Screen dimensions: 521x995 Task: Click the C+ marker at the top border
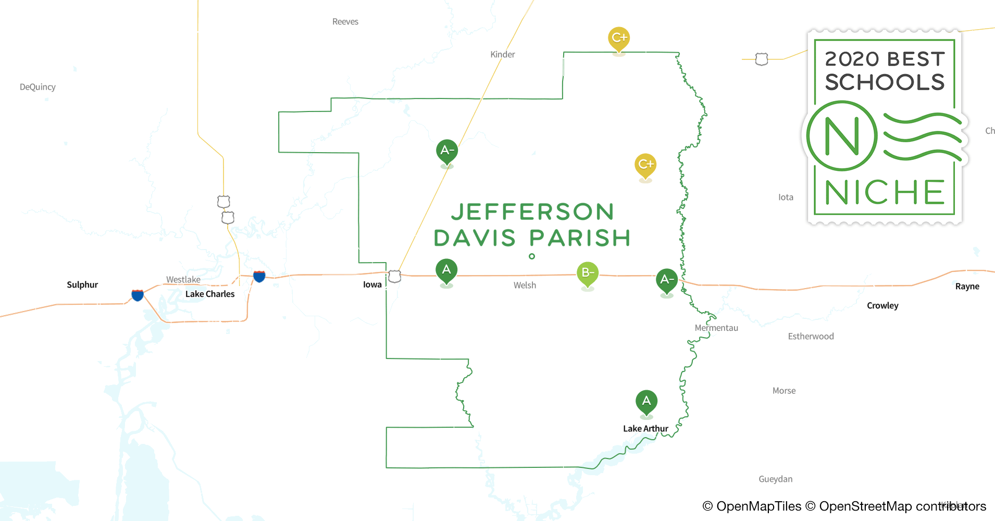[619, 38]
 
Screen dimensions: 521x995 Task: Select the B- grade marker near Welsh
[588, 272]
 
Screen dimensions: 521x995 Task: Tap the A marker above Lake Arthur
[646, 401]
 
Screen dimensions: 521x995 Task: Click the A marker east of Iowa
[446, 270]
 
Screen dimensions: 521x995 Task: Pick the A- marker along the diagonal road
[447, 151]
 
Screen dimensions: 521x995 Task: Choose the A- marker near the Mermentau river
[667, 279]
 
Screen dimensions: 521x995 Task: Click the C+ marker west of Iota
[645, 165]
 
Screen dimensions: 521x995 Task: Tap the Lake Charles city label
[210, 294]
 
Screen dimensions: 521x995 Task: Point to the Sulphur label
[82, 284]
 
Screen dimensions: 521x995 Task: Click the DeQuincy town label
[38, 87]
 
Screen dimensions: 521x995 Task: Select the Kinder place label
[503, 54]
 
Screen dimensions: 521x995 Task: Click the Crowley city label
[882, 305]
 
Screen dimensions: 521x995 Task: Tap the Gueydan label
[776, 479]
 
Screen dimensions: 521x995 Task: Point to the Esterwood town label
[811, 336]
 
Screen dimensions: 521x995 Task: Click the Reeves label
[345, 21]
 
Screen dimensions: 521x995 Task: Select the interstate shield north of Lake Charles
[259, 276]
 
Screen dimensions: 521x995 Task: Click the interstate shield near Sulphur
[138, 295]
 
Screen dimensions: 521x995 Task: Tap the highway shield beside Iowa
[395, 276]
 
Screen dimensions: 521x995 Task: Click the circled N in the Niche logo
[842, 136]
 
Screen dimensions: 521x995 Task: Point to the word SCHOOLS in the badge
[885, 82]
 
